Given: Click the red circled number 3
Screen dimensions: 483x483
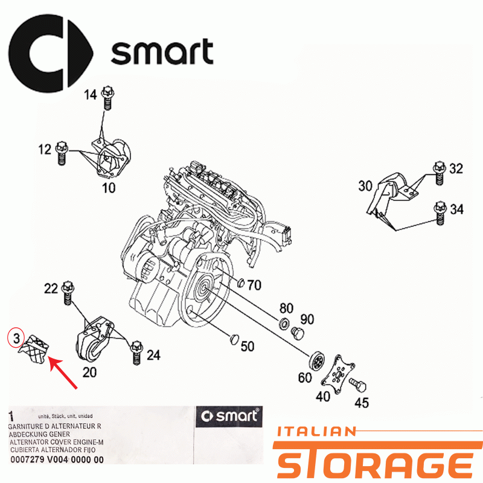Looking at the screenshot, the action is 16,338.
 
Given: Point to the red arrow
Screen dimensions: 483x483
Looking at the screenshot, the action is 63,373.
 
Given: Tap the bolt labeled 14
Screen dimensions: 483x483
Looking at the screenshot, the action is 107,97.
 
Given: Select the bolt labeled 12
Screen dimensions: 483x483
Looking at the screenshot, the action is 62,153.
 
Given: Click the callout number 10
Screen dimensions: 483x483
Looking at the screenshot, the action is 109,188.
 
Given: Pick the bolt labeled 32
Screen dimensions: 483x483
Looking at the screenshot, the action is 440,173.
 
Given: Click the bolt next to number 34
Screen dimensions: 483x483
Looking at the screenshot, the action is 440,213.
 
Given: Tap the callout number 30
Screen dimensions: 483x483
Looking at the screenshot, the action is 365,186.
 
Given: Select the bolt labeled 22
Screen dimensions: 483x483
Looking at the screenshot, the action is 68,293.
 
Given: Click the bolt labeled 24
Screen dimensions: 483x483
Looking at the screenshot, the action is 136,353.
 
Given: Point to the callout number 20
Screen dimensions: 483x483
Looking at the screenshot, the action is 89,373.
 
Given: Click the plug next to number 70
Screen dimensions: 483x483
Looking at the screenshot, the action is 241,283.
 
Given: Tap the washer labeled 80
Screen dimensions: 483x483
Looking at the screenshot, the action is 284,324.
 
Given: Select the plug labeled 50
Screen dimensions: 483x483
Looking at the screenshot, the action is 235,339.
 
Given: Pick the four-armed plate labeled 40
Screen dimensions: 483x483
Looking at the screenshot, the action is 337,374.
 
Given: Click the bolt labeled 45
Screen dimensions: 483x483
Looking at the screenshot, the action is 358,385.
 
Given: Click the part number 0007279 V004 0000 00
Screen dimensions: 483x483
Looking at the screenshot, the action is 57,459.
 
